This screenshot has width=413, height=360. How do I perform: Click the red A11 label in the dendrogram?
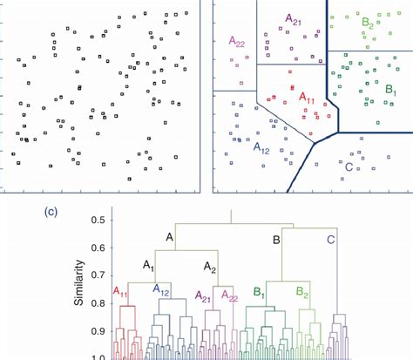pos(124,292)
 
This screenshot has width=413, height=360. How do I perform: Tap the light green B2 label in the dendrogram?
pos(304,292)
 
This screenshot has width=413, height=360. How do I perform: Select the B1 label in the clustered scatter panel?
pos(390,90)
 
